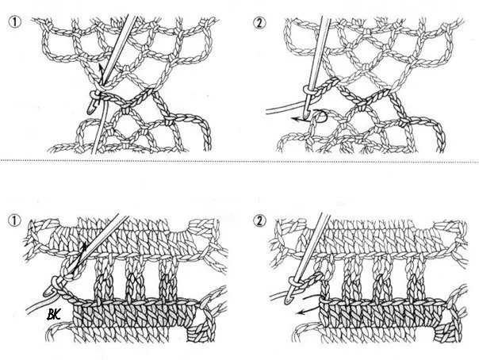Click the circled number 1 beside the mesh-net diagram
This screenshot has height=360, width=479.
(15, 22)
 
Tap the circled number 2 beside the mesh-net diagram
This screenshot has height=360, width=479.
(259, 22)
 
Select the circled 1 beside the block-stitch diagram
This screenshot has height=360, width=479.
(15, 220)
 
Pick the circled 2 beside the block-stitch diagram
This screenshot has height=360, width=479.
(259, 220)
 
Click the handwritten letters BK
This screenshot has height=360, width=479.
(53, 314)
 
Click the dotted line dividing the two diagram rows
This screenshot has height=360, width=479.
(239, 161)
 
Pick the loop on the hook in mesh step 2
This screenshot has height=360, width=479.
(308, 90)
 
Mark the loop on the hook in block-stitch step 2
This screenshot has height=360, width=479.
(293, 281)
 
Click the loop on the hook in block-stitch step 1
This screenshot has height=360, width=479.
(55, 283)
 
